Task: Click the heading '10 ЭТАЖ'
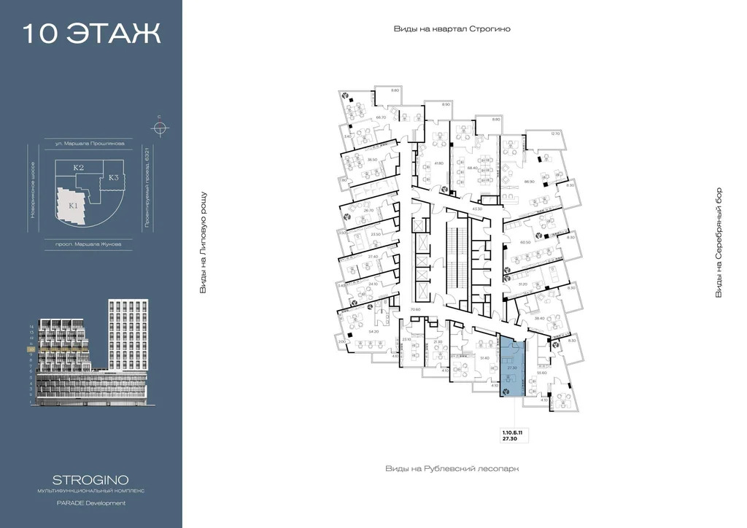91,34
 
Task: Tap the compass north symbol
160,128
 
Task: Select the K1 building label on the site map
73,206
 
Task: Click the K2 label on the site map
79,168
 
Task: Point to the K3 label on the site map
115,177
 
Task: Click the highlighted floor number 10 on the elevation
31,349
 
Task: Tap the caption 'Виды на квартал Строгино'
452,29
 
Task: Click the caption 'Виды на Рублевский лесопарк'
452,468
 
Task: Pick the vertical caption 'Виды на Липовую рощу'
204,243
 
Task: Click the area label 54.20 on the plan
373,332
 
